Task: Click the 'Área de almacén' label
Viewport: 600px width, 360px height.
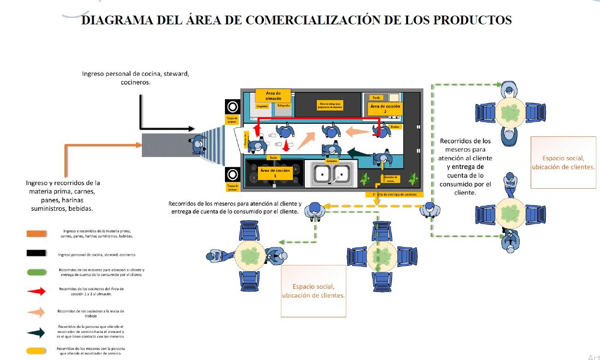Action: pos(273,96)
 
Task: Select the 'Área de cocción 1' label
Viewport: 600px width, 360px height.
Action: pos(275,173)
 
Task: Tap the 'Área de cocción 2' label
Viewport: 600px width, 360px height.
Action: pos(385,108)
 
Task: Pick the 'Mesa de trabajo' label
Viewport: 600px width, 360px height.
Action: pos(331,106)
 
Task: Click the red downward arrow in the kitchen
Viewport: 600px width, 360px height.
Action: pos(286,146)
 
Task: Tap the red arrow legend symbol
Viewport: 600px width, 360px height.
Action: pos(36,291)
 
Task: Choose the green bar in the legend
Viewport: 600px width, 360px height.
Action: pos(36,272)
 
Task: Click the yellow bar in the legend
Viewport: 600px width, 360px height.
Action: pos(36,351)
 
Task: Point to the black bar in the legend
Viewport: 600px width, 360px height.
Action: pos(36,253)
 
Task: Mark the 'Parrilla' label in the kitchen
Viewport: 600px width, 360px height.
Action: pos(376,97)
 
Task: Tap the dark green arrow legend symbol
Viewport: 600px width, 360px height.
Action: pos(36,332)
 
